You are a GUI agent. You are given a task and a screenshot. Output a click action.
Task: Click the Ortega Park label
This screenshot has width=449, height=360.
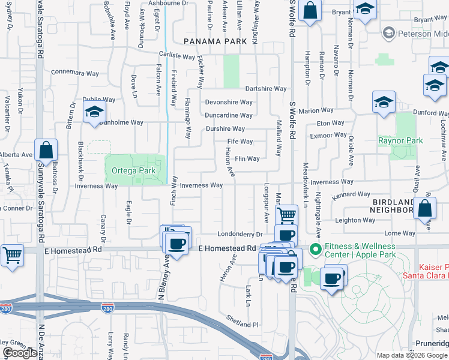point(134,171)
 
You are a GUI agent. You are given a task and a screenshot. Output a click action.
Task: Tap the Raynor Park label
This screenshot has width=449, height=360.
point(400,141)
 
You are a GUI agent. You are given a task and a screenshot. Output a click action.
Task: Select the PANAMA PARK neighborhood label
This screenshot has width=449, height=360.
point(215,41)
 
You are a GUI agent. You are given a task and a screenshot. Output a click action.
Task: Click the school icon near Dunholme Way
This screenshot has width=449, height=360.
point(94,113)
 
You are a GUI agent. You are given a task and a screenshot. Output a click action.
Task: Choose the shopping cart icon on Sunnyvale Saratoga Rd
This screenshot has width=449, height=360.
point(11,255)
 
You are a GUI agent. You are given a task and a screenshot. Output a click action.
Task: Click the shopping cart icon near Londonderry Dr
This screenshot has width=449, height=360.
point(287,214)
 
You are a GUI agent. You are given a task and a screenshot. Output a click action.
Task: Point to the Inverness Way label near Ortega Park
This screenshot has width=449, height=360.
point(96,186)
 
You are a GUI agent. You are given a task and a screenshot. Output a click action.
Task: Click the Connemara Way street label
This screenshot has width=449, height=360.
point(76,71)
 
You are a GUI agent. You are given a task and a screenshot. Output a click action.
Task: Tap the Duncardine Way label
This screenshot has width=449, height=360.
point(229,115)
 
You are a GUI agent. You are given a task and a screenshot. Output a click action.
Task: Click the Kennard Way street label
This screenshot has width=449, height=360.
point(352,194)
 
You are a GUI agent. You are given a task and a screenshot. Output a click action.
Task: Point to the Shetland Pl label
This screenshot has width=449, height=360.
point(242,324)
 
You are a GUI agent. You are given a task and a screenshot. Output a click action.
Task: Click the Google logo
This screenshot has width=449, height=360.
point(20,353)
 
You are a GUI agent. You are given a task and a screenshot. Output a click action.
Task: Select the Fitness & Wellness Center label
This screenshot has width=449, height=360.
point(360,250)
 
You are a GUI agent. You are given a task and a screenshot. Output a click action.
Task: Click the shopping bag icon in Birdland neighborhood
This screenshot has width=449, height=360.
point(424,209)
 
